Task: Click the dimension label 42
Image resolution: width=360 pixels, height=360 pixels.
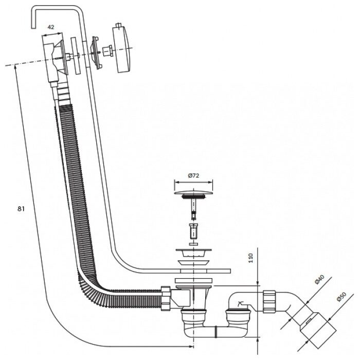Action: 50,27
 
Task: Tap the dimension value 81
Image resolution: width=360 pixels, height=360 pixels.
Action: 21,209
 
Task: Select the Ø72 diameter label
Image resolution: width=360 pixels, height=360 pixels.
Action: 193,175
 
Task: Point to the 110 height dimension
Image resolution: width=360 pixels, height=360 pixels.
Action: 250,258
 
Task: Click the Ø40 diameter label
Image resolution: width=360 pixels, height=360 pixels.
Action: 319,279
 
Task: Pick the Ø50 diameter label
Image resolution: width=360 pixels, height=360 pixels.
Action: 341,296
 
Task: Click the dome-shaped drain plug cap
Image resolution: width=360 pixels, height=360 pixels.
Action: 193,192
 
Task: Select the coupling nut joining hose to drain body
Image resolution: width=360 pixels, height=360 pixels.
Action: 166,298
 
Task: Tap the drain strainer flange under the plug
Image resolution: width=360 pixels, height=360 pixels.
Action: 193,254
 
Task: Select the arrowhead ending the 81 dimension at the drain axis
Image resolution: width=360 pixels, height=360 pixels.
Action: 191,346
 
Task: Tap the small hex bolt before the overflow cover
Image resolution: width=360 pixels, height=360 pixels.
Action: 107,51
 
